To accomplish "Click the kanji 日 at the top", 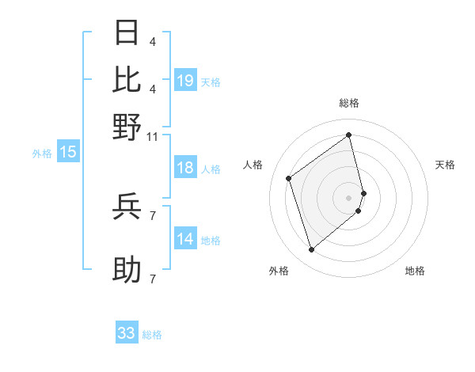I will coord(127,32).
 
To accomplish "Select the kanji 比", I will coord(127,80).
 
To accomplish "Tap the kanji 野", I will coord(127,127).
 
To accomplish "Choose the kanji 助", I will coord(127,270).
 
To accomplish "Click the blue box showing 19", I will coord(185,81).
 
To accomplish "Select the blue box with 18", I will coord(185,168).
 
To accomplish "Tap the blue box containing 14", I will coord(185,239).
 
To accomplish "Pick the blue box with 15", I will coord(68,152).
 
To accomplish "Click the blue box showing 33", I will coord(127,333).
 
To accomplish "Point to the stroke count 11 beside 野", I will coord(153,136).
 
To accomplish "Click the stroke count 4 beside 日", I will coord(153,41).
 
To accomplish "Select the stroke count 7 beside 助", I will coord(153,279).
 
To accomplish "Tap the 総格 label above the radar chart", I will coord(349,103).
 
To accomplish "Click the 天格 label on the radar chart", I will coord(446,165).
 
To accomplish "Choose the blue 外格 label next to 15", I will coord(41,154).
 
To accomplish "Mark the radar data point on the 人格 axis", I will coord(289,178).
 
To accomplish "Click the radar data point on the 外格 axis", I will coord(311,250).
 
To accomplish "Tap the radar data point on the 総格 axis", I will coord(349,135).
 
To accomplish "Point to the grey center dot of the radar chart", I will coord(349,197).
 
